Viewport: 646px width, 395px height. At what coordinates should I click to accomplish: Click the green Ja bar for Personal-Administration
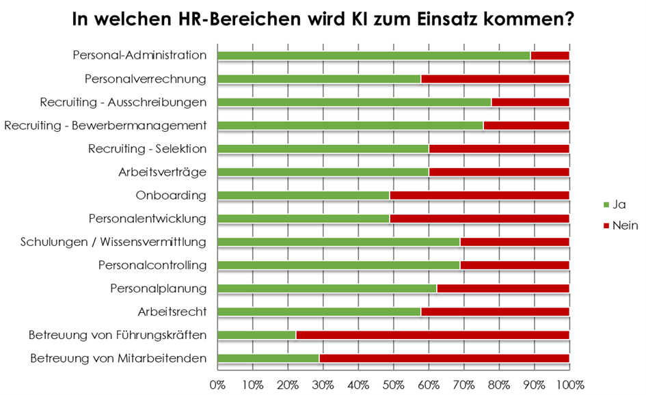(373, 55)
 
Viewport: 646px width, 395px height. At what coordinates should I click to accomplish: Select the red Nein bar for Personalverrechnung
(495, 79)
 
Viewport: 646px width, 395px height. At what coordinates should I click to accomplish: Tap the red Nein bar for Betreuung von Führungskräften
(432, 335)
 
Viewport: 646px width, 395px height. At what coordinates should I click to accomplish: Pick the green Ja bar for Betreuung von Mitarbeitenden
(268, 358)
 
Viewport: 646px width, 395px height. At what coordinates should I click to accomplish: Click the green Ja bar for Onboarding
(303, 195)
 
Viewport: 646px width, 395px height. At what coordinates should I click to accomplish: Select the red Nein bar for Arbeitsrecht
(495, 312)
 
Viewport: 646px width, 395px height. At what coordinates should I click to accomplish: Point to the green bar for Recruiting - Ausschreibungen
(353, 103)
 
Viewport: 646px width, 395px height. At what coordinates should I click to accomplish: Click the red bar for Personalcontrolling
(514, 265)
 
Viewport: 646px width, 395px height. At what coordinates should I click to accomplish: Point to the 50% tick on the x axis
(393, 383)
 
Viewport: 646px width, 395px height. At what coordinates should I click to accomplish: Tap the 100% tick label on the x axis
(569, 383)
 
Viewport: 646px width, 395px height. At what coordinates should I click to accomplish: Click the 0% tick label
(217, 383)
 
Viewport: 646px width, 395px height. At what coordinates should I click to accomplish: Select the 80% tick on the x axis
(498, 383)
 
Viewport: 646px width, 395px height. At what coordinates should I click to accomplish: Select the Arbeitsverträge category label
(162, 172)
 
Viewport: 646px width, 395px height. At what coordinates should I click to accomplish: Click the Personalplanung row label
(158, 288)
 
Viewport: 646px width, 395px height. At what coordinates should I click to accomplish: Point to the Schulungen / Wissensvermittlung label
(113, 242)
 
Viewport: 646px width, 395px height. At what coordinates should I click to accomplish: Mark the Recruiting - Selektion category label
(147, 149)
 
